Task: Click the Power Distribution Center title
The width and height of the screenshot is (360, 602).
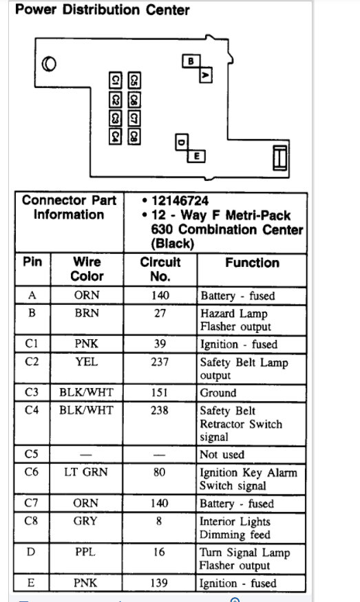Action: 102,10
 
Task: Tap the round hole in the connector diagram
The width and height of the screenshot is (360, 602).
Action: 50,65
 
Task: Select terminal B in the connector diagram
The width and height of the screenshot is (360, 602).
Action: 190,61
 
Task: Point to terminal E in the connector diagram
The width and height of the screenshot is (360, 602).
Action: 197,156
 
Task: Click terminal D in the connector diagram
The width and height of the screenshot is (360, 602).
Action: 182,142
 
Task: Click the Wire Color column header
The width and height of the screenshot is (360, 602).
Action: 87,269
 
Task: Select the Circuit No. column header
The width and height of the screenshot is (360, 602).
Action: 160,269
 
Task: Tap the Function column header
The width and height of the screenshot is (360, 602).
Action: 252,263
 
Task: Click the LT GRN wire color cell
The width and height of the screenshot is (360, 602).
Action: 87,472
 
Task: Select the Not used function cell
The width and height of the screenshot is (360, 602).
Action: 222,455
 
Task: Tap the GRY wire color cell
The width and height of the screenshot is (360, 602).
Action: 87,521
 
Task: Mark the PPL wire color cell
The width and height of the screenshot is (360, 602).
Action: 87,552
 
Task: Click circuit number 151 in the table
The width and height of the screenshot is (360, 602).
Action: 160,393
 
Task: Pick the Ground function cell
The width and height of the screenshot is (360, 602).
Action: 218,393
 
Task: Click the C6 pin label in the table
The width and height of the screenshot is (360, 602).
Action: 32,472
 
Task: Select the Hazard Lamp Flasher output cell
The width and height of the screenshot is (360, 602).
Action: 235,319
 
